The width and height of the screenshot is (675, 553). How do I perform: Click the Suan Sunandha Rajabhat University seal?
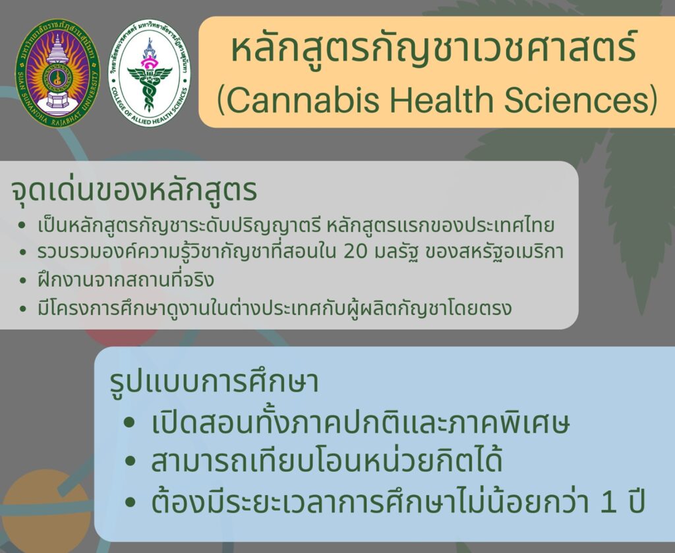point(58,73)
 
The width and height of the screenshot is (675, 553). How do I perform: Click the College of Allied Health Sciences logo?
point(150,73)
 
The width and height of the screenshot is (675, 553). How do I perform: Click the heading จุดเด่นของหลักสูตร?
point(134,190)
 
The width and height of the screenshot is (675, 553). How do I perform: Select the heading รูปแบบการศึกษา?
point(214,381)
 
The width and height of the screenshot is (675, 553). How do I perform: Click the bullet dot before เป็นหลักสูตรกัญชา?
point(23,225)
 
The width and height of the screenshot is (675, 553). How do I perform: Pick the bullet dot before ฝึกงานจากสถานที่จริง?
point(23,281)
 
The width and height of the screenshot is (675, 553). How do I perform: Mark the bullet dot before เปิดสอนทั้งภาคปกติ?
point(130,422)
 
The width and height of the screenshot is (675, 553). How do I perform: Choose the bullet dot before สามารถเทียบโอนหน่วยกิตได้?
point(130,462)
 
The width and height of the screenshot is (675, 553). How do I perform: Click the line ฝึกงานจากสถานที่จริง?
point(126,280)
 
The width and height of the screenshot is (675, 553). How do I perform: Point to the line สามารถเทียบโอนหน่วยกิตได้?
point(327,461)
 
